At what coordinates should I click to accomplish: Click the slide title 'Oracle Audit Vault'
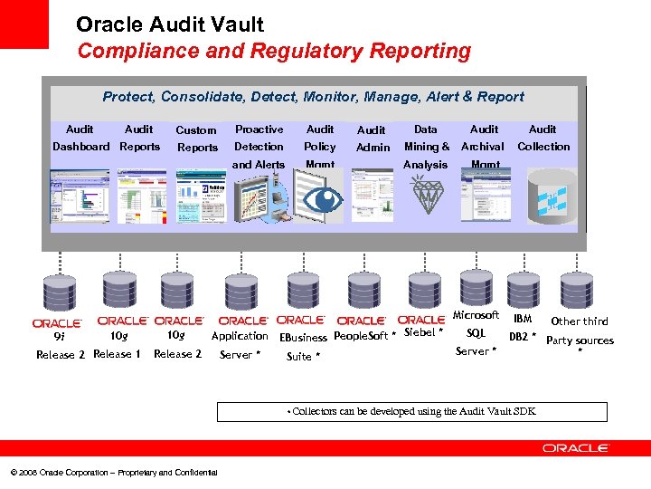click(x=170, y=24)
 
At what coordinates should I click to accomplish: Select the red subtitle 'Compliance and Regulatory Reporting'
click(x=274, y=52)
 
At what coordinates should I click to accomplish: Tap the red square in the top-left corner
click(x=24, y=24)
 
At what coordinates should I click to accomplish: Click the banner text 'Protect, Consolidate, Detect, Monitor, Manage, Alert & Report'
click(x=313, y=97)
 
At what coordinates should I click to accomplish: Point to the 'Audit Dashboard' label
click(x=80, y=138)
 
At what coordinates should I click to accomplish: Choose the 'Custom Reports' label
click(x=197, y=139)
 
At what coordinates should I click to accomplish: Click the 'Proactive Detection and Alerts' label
click(x=259, y=147)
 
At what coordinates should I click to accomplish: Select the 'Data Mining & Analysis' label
click(x=426, y=147)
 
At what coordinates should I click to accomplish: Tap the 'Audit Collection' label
click(x=543, y=138)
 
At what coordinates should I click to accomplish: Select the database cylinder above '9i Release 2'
click(x=57, y=292)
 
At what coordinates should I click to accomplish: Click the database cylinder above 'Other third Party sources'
click(x=580, y=292)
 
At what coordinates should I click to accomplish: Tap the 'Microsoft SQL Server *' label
click(x=476, y=333)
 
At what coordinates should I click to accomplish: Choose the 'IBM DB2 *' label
click(x=523, y=328)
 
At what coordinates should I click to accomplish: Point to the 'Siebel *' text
click(x=423, y=332)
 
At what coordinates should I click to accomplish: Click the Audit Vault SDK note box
click(x=412, y=411)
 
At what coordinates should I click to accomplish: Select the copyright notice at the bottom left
click(x=113, y=473)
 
